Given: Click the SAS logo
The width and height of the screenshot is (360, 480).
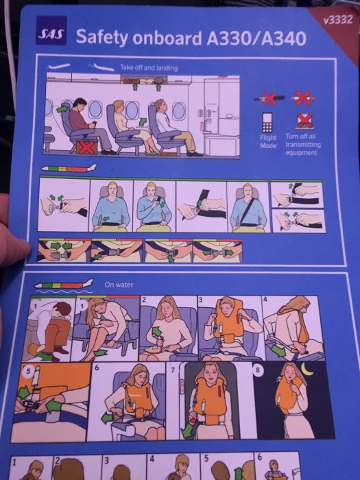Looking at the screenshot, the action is [x=51, y=30].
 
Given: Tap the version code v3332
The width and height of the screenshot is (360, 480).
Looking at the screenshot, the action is [x=338, y=20].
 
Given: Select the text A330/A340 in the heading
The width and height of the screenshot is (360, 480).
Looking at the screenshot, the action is [x=256, y=38].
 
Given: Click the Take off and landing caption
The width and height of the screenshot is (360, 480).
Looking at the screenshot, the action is [x=149, y=67].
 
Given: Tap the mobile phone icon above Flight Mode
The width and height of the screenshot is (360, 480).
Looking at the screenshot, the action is [x=267, y=122].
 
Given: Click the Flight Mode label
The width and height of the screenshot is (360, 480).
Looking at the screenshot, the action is [x=268, y=141].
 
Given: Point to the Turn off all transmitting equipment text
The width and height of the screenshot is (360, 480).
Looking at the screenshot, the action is [x=303, y=144].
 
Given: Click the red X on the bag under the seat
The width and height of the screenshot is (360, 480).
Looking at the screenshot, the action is [x=87, y=147].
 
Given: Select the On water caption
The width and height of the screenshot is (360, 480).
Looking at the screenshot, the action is [x=119, y=285].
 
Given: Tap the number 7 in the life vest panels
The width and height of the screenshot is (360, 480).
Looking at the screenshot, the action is [x=173, y=370].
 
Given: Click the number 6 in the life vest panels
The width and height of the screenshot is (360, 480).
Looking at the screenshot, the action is [x=97, y=368].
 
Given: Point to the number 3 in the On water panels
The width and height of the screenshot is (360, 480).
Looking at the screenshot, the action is [x=201, y=300].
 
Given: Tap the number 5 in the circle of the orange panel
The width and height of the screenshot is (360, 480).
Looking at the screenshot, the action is [x=28, y=371].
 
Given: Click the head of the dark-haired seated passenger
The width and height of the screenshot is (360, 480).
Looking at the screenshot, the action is [x=80, y=104].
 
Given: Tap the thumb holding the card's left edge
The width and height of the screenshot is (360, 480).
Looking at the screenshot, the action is [x=14, y=245].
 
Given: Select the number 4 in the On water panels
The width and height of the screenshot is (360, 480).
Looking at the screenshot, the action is [x=265, y=300].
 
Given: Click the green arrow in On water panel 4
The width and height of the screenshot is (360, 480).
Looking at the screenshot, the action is [x=278, y=351].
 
